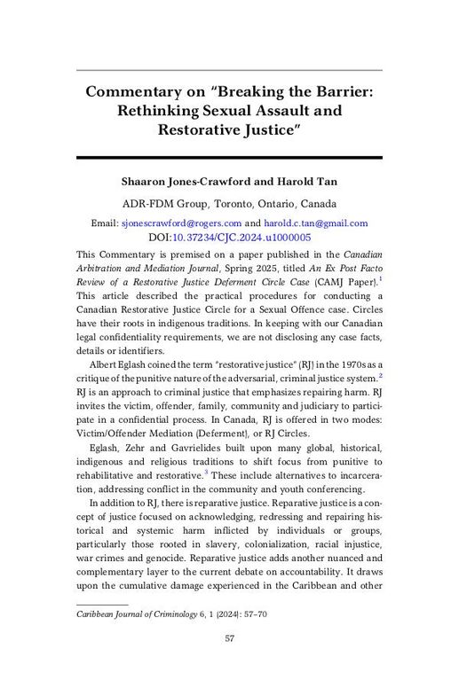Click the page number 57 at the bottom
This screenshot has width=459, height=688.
(x=229, y=638)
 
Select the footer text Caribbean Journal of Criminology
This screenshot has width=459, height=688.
(x=131, y=612)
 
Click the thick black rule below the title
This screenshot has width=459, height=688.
(x=229, y=158)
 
